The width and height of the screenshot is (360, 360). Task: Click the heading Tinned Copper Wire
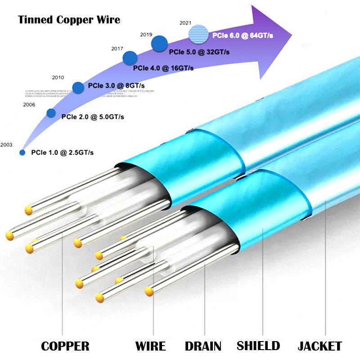pos(69,20)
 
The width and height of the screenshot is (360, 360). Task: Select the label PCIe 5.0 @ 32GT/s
pos(199,52)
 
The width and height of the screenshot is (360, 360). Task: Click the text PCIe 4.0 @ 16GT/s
pos(163,68)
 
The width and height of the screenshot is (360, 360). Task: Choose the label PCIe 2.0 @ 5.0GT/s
pos(93,117)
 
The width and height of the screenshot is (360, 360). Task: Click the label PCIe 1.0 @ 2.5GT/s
pos(62,153)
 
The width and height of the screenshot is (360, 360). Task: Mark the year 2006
pos(29,105)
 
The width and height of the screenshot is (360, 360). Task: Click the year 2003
pos(6,145)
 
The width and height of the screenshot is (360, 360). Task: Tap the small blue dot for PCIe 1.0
pos(22,153)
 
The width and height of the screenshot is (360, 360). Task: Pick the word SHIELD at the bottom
pos(258,346)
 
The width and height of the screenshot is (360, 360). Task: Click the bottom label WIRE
pos(150,346)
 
